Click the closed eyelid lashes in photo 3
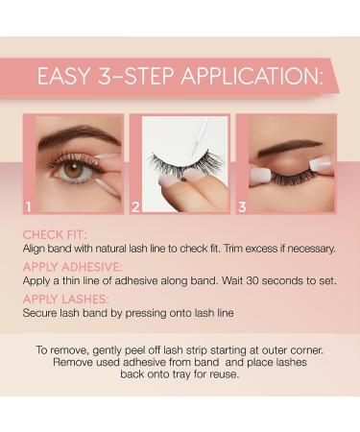(288, 165)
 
